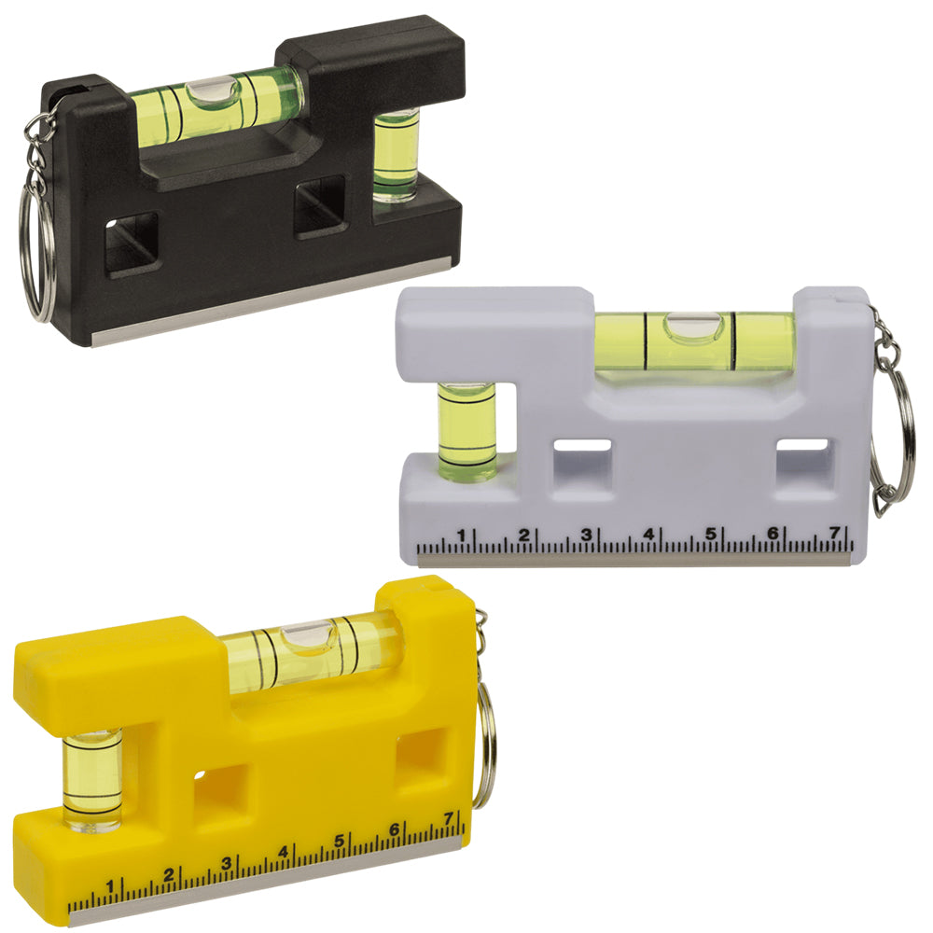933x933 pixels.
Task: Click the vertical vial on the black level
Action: pos(396,155)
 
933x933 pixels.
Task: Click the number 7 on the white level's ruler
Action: pos(836,533)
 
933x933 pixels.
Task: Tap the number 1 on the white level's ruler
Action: pos(461,535)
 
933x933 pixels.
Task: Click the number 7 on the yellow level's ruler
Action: pos(450,819)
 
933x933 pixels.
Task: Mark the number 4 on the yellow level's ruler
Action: pos(284,852)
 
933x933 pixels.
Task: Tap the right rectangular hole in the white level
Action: pos(804,456)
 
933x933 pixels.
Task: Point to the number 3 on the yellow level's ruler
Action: pos(227,864)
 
